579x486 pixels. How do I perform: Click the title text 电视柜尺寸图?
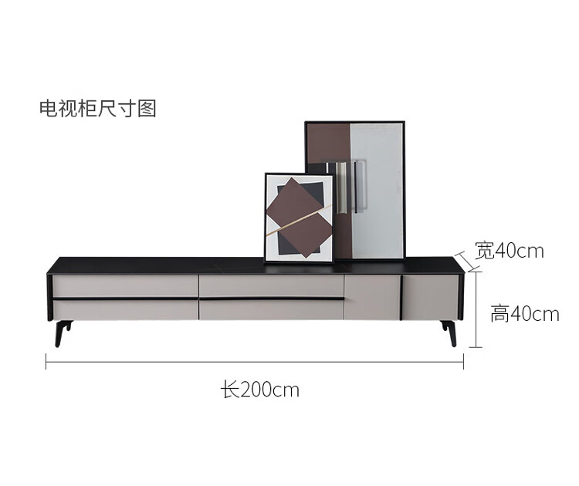tap(98, 108)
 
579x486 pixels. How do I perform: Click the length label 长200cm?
tap(260, 390)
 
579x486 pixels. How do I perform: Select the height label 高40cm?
tap(525, 314)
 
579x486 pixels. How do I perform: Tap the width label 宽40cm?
tap(510, 251)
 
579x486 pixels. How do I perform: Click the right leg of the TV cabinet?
tap(449, 332)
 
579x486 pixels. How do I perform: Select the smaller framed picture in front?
tap(299, 218)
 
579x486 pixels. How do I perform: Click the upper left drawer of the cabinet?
tap(124, 285)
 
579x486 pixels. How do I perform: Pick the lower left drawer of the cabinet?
tap(124, 310)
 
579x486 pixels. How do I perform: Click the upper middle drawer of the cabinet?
tap(270, 285)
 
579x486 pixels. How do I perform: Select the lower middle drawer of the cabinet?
tap(270, 310)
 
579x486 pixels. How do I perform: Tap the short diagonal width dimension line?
tap(462, 258)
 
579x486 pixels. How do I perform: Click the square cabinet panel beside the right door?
tap(371, 296)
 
